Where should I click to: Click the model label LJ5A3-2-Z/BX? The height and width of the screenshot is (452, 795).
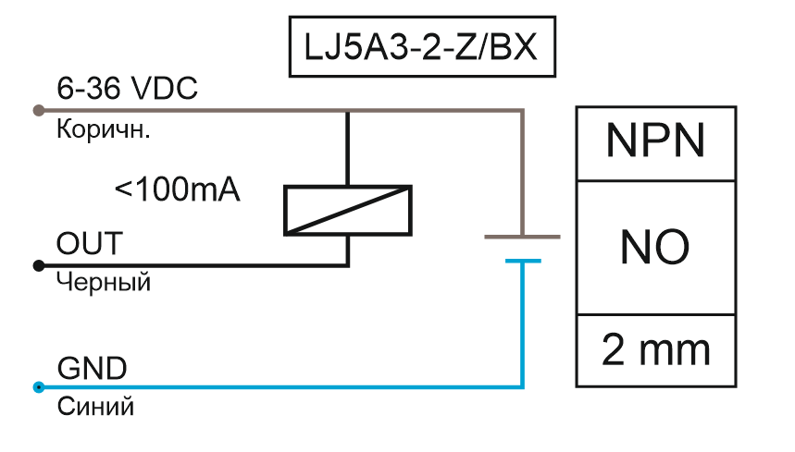(x=424, y=47)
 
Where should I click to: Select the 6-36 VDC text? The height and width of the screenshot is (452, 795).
(x=128, y=91)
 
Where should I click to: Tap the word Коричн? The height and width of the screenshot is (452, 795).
(x=104, y=129)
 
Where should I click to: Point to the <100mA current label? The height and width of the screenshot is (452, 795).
(x=177, y=190)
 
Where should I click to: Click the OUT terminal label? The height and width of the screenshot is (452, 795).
(x=89, y=245)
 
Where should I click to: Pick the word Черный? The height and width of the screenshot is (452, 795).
(x=104, y=282)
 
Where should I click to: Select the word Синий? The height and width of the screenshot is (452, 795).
(x=95, y=405)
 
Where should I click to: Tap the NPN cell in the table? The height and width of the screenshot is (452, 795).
(x=656, y=142)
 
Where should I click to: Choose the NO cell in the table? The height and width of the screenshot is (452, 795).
(x=656, y=247)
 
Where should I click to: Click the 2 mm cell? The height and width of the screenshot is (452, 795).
(x=656, y=350)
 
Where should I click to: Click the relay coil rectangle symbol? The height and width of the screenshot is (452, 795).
(x=346, y=210)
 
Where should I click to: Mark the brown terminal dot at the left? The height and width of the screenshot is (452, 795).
(x=38, y=111)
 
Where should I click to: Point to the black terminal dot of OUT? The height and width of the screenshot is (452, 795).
(x=38, y=265)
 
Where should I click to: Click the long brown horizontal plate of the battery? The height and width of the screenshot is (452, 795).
(x=523, y=237)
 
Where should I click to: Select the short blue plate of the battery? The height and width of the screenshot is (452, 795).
(x=523, y=261)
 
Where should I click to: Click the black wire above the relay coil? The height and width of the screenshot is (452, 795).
(x=347, y=148)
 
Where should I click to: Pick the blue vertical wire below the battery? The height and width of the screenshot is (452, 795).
(x=523, y=324)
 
